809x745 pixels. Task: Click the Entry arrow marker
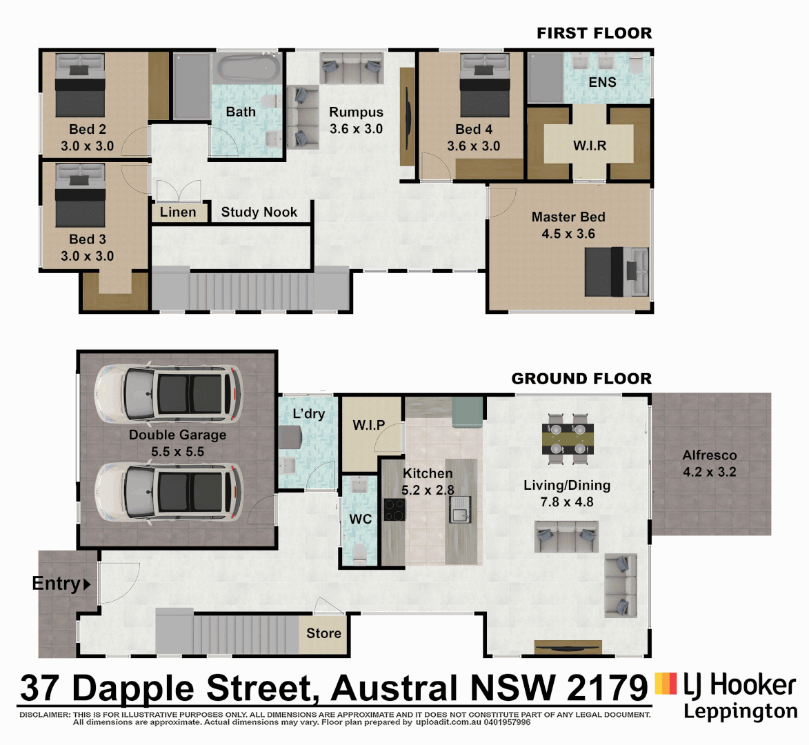point(87,585)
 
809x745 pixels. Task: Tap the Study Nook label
point(259,212)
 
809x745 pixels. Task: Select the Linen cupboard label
point(178,212)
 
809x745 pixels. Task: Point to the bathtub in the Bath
point(249,68)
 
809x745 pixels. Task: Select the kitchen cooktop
point(394,509)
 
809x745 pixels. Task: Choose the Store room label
point(323,633)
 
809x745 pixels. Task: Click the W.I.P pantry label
point(368,425)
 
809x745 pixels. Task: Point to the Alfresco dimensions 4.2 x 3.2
point(710,473)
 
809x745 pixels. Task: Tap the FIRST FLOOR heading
point(594,33)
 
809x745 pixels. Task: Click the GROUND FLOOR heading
point(581,379)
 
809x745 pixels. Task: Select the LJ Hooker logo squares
point(666,683)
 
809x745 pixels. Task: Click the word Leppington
point(740,711)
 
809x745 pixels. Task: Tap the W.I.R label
point(590,146)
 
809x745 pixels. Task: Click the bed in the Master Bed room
point(616,272)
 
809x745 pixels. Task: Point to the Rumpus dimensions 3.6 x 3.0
point(356,129)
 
